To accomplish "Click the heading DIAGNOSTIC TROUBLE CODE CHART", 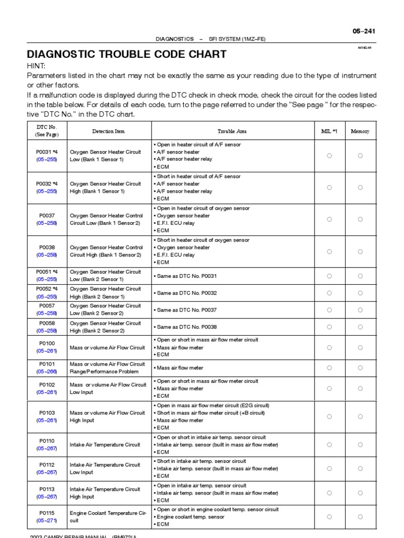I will coord(127,54).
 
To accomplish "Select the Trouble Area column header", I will coord(232,131).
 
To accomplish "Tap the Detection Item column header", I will coord(108,131).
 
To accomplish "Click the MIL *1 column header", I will coord(329,131).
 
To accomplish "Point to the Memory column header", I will coord(360,131).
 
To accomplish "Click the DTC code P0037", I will coord(47,215).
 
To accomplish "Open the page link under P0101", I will coord(47,371).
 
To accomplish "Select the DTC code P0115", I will coord(47,513).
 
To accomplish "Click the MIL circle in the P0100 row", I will coord(329,347).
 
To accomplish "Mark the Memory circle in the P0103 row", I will coord(360,417).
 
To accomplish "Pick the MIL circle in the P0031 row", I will coord(329,156).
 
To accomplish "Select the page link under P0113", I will coord(47,496).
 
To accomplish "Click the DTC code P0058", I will coord(47,323).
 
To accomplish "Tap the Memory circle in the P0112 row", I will coord(360,469).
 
